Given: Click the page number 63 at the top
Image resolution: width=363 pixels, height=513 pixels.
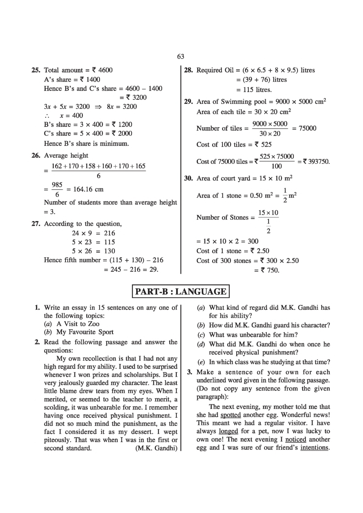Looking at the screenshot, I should pyautogui.click(x=180, y=56).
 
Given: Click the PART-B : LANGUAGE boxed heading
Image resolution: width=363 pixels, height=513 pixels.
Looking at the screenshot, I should pyautogui.click(x=180, y=291).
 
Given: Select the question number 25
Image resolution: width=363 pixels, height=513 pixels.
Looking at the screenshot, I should pyautogui.click(x=36, y=70).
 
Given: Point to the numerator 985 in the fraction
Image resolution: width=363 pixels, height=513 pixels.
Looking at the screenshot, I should pyautogui.click(x=57, y=185).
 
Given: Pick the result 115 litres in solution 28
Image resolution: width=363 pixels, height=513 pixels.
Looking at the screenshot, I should pyautogui.click(x=258, y=90).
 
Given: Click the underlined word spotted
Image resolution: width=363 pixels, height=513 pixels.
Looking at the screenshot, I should pyautogui.click(x=231, y=415).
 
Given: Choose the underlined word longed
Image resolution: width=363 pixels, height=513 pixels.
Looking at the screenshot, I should pyautogui.click(x=228, y=431).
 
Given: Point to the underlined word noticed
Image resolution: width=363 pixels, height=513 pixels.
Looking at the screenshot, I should pyautogui.click(x=295, y=440).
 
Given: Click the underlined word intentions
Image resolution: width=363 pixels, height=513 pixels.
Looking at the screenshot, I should pyautogui.click(x=314, y=448).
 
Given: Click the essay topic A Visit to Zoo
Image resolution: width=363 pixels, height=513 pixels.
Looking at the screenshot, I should pyautogui.click(x=78, y=324).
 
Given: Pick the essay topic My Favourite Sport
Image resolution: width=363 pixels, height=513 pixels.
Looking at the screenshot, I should pyautogui.click(x=85, y=332).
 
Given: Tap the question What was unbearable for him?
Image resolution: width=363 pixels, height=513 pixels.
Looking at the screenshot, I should pyautogui.click(x=253, y=335).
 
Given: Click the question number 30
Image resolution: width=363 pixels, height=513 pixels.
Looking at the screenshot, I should pyautogui.click(x=188, y=178).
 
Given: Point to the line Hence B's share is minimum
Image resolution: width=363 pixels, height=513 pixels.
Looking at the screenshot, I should pyautogui.click(x=86, y=144).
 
